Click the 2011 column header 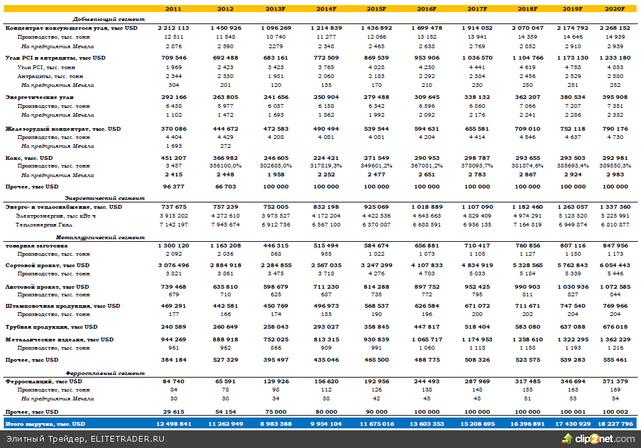tap(173, 9)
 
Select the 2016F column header tap(427, 9)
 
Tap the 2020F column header tap(616, 9)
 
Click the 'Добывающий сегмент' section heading tap(109, 19)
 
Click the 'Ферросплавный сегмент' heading tap(102, 372)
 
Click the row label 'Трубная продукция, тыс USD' tap(51, 327)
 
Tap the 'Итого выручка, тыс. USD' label tap(44, 423)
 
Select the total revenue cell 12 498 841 tap(173, 423)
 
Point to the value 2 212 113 tap(173, 28)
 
